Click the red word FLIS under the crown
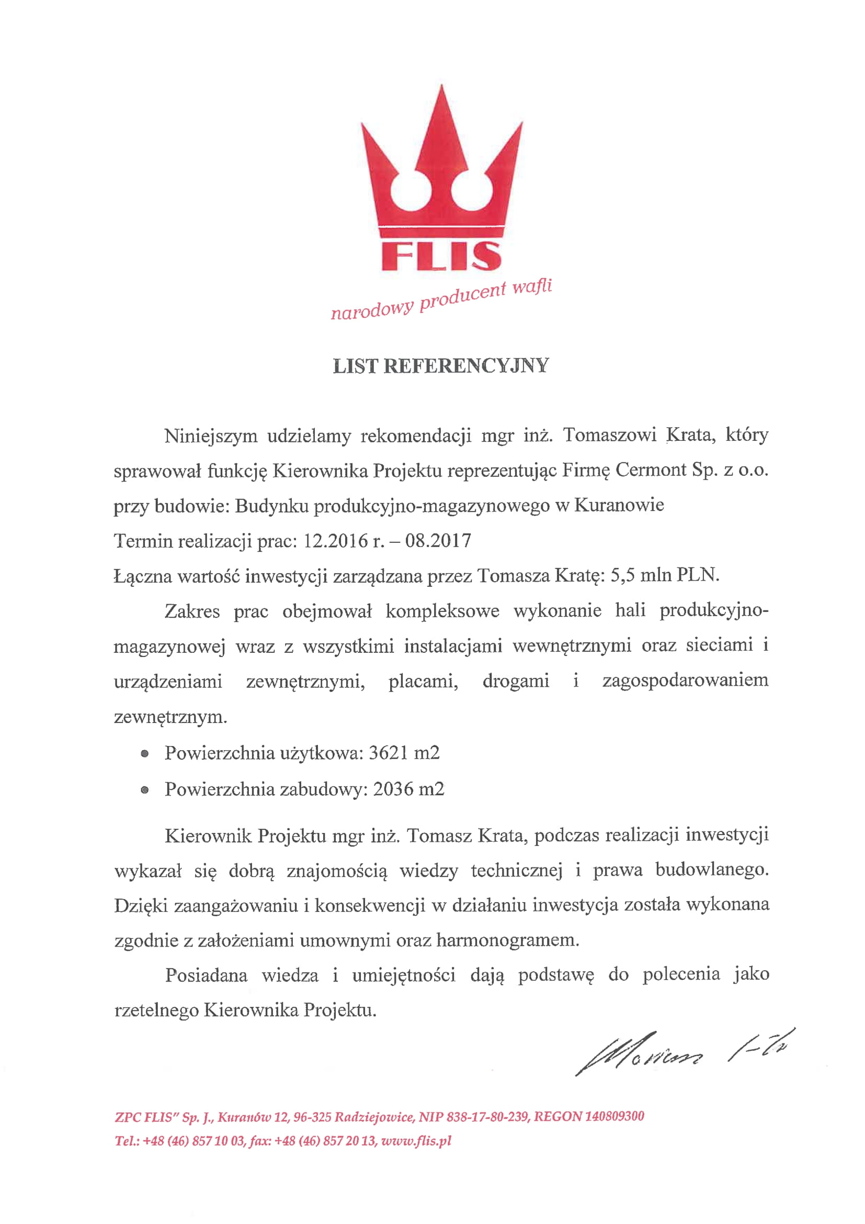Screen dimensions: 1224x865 coord(441,256)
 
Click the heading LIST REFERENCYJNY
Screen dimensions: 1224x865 coord(440,366)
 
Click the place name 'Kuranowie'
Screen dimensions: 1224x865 coord(619,505)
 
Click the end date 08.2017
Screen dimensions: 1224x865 coord(438,541)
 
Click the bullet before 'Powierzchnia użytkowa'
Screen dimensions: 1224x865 coord(144,754)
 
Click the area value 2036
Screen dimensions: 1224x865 coord(393,789)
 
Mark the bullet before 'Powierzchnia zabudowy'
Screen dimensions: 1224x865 coord(144,791)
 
